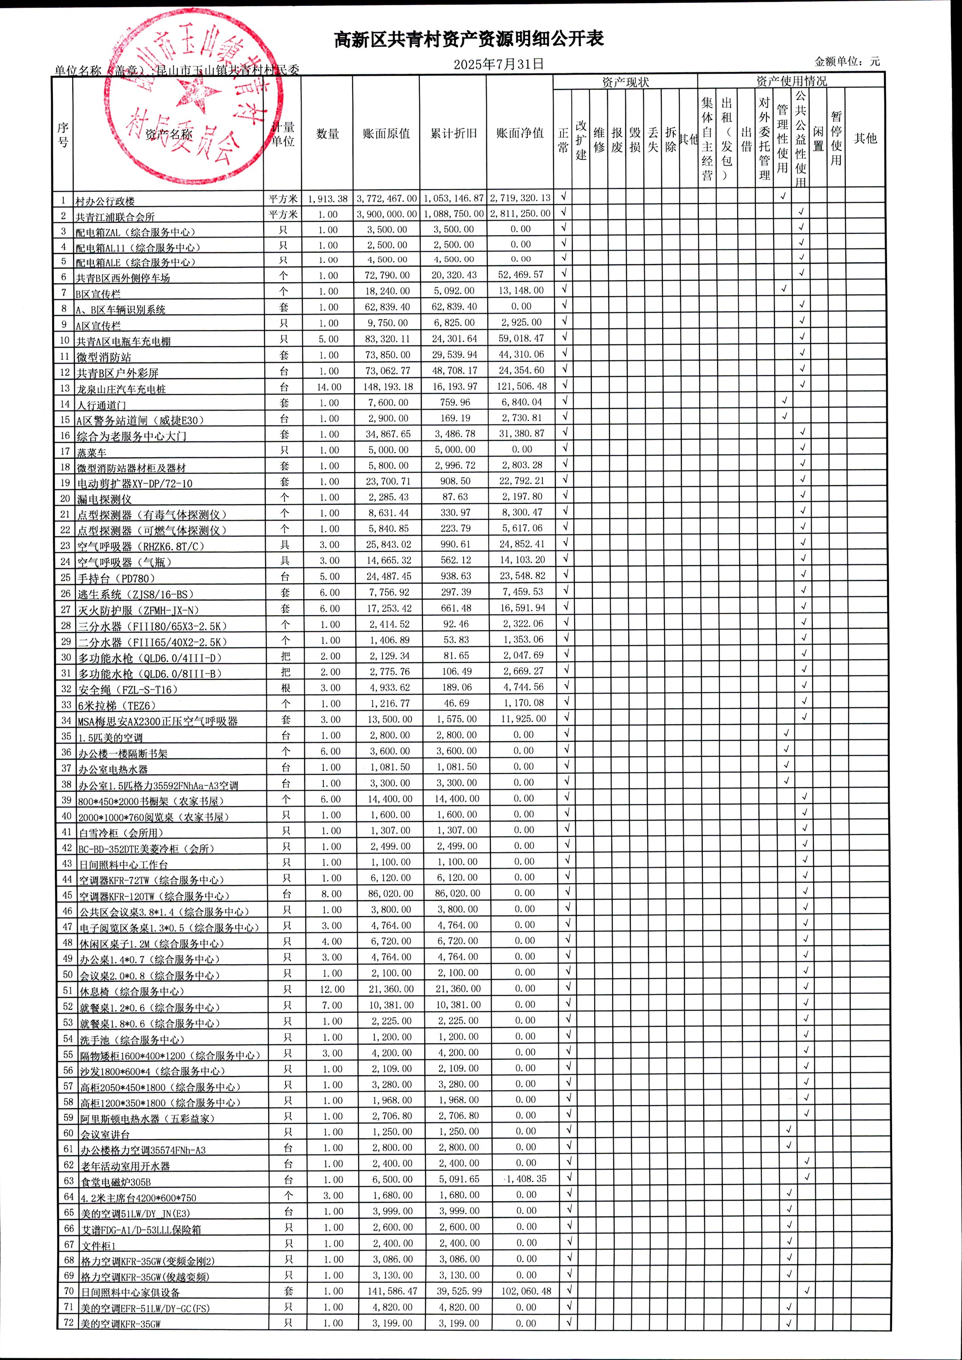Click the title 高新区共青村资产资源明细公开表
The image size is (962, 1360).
469,40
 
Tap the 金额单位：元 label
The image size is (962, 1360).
847,61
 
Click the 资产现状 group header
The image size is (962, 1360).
625,82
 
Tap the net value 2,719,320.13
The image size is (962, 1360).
520,198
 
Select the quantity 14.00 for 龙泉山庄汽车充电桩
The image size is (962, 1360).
329,387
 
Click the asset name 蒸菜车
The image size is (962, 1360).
92,453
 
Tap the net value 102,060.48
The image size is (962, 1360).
526,1291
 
